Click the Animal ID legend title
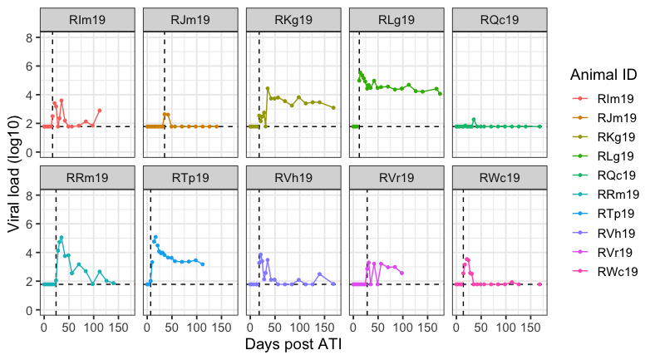coord(603,75)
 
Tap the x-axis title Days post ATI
coord(293,343)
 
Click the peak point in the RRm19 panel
coord(62,237)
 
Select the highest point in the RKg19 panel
coord(268,88)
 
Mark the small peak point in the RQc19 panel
coord(474,120)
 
